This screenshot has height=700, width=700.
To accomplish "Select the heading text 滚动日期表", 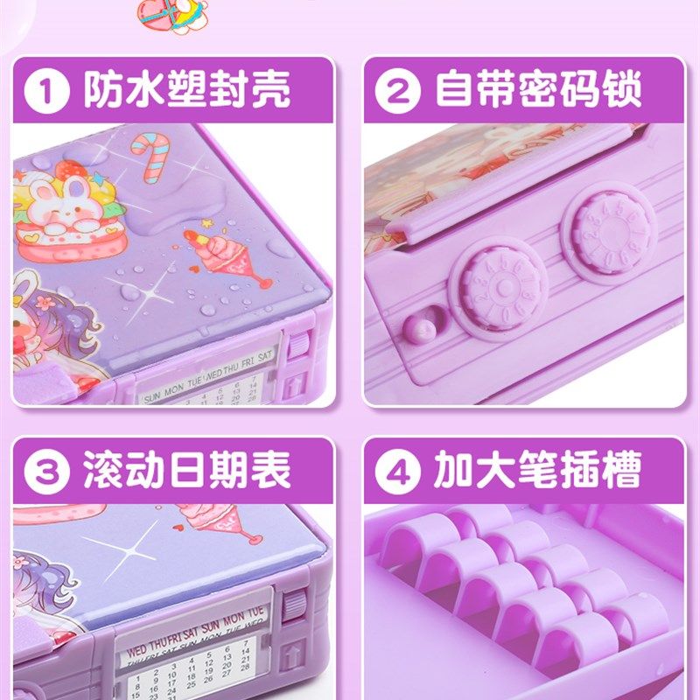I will pyautogui.click(x=186, y=472).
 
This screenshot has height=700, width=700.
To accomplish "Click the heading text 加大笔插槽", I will pyautogui.click(x=538, y=472).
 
